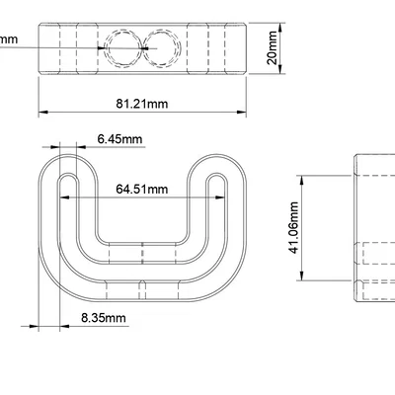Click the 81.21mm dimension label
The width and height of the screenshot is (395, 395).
pyautogui.click(x=141, y=102)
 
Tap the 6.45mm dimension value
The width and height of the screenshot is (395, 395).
pyautogui.click(x=118, y=139)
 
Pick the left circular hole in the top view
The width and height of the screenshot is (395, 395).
pyautogui.click(x=122, y=46)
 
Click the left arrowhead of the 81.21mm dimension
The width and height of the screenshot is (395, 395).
pyautogui.click(x=42, y=111)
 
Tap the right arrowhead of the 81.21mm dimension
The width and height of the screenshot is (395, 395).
pyautogui.click(x=242, y=111)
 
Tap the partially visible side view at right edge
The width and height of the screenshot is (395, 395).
pyautogui.click(x=375, y=227)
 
